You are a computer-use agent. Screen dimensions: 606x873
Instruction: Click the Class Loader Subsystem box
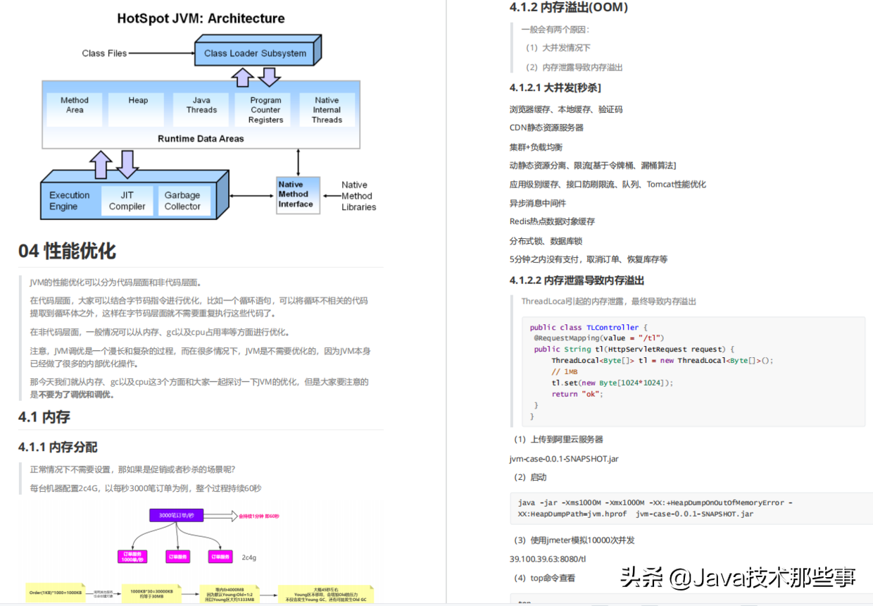coord(255,53)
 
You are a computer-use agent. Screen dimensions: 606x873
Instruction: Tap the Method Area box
coord(75,106)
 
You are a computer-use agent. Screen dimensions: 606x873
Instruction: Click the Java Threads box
coord(201,106)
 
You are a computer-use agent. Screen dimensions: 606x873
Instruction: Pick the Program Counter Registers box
coord(265,110)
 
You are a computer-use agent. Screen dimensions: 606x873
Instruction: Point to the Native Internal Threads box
coord(327,110)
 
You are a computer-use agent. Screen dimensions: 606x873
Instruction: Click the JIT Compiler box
coord(127,201)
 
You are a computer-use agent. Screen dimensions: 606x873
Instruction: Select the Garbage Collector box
coord(182,201)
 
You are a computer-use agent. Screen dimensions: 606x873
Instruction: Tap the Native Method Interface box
coord(296,194)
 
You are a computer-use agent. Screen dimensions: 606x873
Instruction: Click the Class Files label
coord(104,53)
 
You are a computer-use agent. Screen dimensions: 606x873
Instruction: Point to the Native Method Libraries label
coord(358,196)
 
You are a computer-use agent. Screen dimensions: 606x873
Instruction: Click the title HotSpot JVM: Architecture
coord(201,18)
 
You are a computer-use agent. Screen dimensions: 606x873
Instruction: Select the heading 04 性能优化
coord(68,251)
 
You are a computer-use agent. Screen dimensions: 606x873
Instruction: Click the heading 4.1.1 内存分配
coord(58,447)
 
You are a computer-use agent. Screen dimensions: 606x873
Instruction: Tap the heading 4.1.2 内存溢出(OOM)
coord(568,8)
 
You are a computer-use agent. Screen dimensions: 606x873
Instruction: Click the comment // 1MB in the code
coord(565,371)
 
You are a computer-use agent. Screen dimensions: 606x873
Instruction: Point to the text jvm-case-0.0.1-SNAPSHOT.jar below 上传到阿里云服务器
coord(564,459)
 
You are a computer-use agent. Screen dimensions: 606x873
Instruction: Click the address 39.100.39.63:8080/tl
coord(548,559)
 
